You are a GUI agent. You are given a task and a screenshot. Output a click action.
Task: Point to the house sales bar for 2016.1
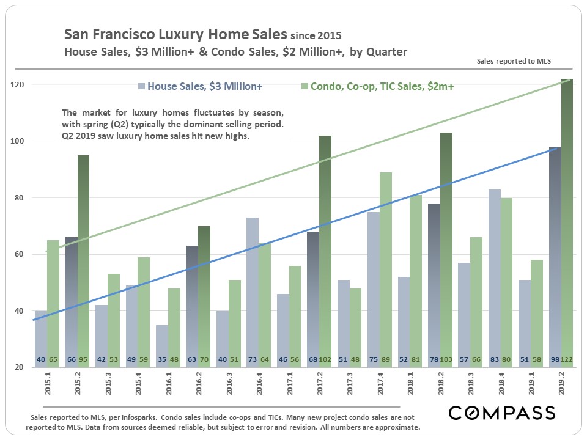pos(161,342)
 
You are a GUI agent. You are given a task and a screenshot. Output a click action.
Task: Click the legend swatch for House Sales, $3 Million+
pos(142,87)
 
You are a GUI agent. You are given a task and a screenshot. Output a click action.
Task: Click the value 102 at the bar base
pos(327,360)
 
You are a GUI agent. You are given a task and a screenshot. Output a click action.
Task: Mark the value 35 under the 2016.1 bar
pos(161,360)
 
